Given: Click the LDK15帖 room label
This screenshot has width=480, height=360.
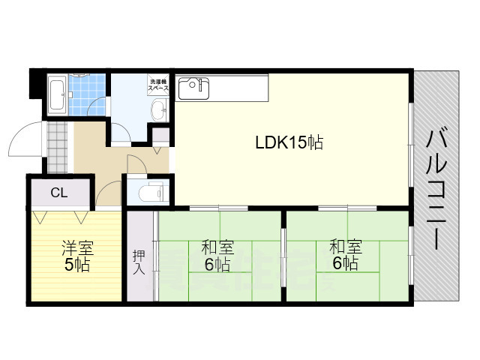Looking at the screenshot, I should pos(289,142).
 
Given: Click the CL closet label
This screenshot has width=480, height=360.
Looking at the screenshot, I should pos(58,193).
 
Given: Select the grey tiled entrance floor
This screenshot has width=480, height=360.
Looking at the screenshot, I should pos(58,147).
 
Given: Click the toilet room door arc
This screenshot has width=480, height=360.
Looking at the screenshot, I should pos(136,164).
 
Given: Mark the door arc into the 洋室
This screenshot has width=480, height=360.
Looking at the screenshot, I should pos(109,193).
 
